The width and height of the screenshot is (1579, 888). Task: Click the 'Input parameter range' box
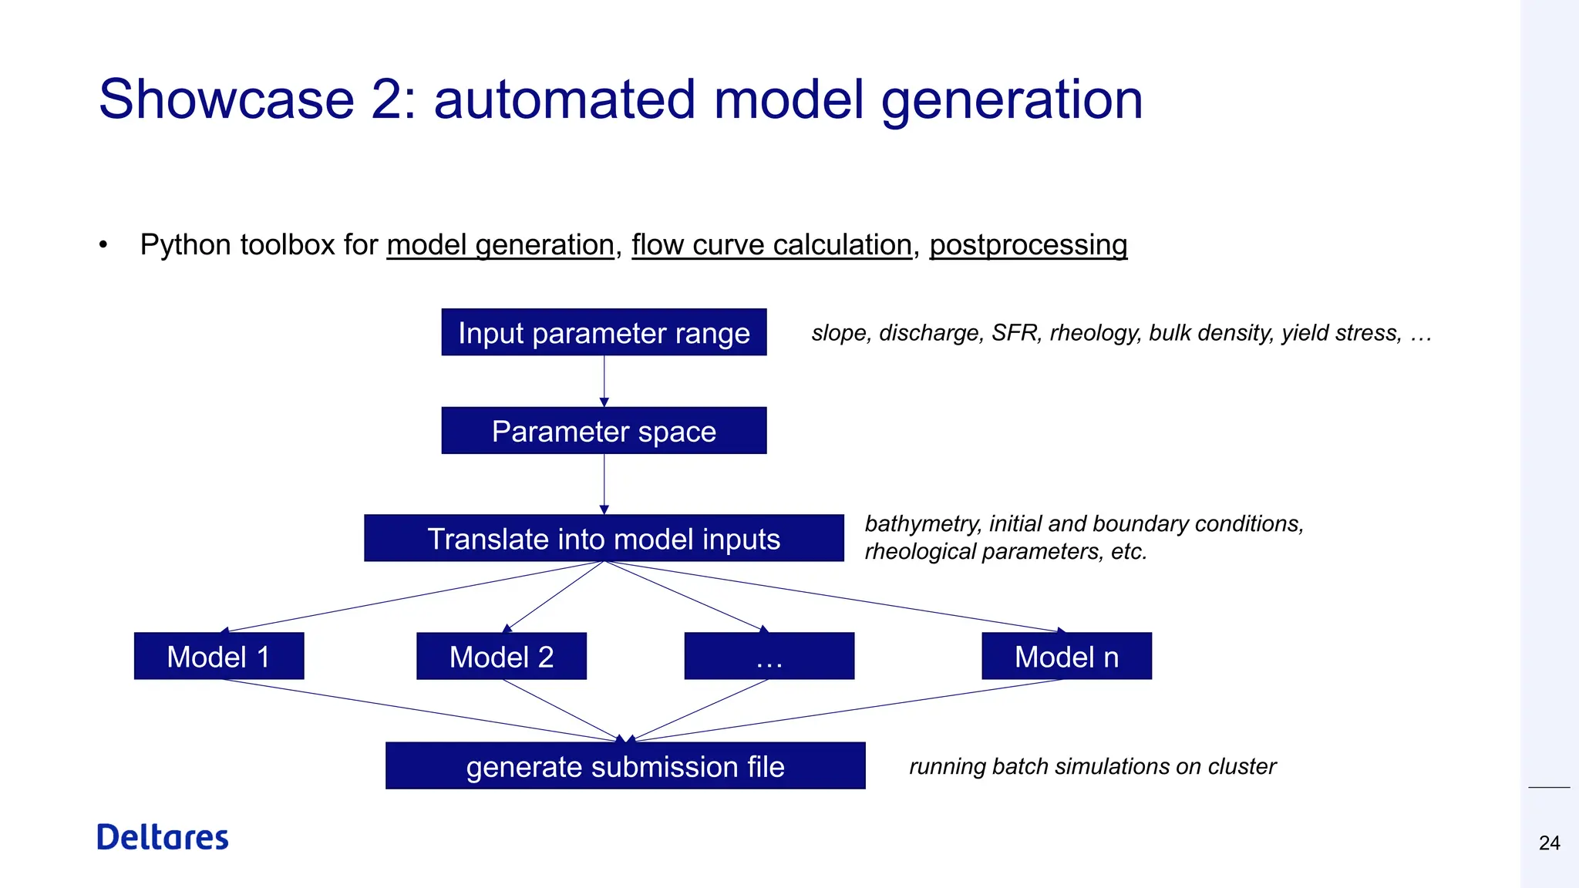pos(604,332)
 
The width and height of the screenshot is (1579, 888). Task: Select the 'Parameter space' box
pos(604,431)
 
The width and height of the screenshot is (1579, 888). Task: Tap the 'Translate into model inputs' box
pos(604,538)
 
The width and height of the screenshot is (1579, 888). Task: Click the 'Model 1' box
pos(219,656)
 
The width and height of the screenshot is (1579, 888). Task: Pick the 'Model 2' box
pos(501,656)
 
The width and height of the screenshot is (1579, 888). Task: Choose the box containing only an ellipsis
pos(769,656)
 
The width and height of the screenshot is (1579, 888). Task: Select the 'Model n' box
pos(1066,656)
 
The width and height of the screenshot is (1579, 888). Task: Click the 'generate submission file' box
pos(625,765)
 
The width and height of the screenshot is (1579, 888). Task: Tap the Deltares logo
pos(163,837)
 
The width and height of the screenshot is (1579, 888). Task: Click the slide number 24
pos(1549,843)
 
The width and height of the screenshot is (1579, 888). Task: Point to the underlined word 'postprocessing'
pos(1028,245)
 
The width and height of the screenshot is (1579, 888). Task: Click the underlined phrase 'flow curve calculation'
pos(772,245)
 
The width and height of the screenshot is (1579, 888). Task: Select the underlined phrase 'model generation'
pos(500,245)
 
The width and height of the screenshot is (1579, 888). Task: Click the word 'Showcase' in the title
pos(226,99)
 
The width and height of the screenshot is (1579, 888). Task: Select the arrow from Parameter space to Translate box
pos(604,483)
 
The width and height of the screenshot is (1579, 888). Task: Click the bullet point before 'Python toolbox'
pos(103,245)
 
